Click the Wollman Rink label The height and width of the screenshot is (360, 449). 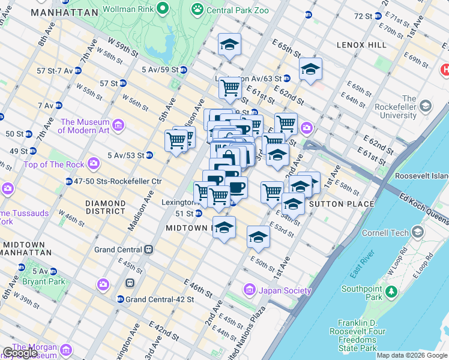pyautogui.click(x=127, y=10)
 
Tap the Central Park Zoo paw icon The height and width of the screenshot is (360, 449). pyautogui.click(x=197, y=10)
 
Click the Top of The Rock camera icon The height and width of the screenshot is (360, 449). pyautogui.click(x=94, y=163)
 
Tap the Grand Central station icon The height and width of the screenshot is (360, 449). pyautogui.click(x=148, y=250)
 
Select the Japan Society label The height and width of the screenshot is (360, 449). pyautogui.click(x=285, y=291)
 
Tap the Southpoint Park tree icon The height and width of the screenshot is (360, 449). pyautogui.click(x=391, y=292)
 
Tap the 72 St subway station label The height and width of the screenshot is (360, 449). pyautogui.click(x=363, y=16)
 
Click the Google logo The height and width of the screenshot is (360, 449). pyautogui.click(x=20, y=353)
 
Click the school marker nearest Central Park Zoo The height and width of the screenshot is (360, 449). pyautogui.click(x=229, y=44)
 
